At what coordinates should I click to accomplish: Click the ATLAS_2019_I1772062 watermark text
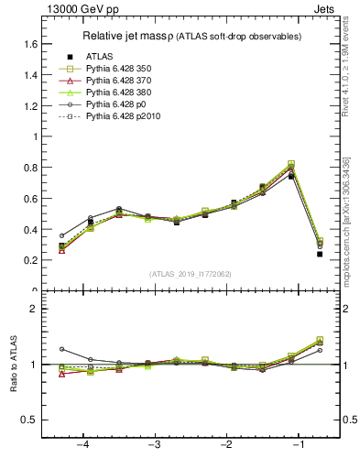(191, 274)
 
